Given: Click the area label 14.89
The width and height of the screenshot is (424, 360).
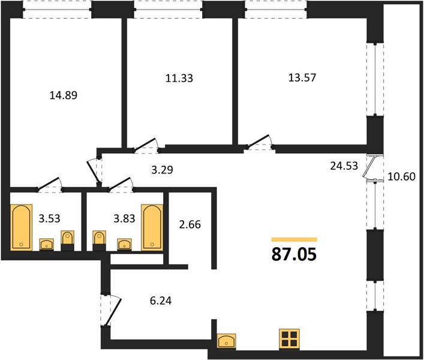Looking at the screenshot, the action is [x=64, y=95].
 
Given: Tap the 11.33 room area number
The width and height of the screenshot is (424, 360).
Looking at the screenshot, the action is [x=179, y=78].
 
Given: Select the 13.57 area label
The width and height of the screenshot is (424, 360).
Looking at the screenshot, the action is [x=302, y=77].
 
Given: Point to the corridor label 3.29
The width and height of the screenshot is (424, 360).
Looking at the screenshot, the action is [x=162, y=170].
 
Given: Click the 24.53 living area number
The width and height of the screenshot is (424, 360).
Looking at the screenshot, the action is [x=344, y=166].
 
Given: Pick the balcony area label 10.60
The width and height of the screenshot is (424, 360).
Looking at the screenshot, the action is [x=402, y=176].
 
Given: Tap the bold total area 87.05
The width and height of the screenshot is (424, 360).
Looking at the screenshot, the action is [x=294, y=254].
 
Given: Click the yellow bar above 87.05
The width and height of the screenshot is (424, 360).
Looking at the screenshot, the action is [x=294, y=239].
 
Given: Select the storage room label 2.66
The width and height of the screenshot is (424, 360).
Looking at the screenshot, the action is [x=190, y=224].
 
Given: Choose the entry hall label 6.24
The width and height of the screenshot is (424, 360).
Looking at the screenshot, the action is [x=161, y=301].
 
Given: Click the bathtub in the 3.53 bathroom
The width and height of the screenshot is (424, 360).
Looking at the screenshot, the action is [x=22, y=227].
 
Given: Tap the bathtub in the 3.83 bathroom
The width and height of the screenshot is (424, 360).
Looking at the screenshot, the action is [x=152, y=227].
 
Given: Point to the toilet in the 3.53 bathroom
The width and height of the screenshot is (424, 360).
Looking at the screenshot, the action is [x=67, y=241].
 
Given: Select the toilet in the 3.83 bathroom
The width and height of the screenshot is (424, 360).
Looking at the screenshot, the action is [x=99, y=241].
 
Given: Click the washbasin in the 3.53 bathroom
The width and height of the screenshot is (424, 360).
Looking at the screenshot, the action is [x=47, y=245].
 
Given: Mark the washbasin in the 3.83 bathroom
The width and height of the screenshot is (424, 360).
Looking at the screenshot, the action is [x=124, y=245].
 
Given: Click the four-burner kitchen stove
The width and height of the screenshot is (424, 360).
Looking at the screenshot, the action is [x=290, y=339].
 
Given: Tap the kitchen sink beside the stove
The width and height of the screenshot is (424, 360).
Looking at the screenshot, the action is [x=227, y=341].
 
